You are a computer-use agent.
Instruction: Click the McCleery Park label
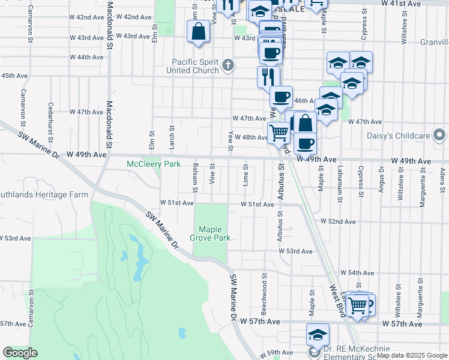click(153, 164)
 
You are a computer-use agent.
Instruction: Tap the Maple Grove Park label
click(210, 233)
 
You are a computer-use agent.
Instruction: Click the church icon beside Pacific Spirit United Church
click(228, 65)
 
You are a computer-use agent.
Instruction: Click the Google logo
click(20, 353)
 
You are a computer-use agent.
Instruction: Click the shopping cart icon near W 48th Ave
click(279, 133)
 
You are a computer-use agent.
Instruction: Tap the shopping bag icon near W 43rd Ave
click(198, 31)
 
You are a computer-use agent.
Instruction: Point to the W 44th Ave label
click(87, 57)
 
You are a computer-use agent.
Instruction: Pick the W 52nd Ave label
click(338, 221)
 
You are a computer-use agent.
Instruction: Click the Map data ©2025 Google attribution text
click(412, 355)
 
